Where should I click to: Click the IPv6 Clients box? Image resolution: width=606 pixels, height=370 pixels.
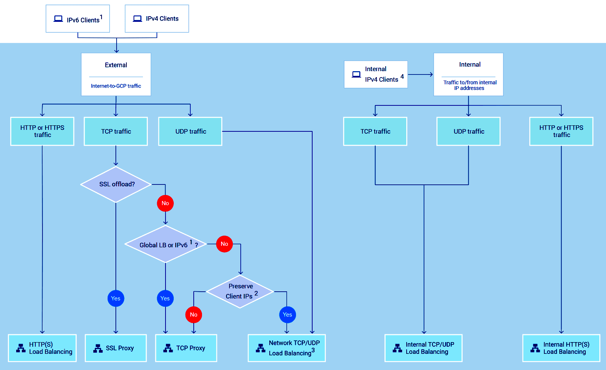coord(78,19)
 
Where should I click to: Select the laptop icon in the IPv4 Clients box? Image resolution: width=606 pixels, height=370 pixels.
coord(138,18)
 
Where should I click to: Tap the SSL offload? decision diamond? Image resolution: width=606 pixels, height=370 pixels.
coord(116,184)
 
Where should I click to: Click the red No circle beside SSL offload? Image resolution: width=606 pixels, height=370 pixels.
coord(165,203)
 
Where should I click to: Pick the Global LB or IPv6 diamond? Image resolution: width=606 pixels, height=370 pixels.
coord(166,244)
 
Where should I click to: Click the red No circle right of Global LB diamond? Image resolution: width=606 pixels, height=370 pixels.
coord(225,244)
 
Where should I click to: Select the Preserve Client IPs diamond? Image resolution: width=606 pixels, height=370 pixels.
coord(240,291)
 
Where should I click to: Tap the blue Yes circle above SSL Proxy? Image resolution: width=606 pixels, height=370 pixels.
coord(116,298)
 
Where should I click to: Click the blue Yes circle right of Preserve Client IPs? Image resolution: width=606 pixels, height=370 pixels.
coord(287,315)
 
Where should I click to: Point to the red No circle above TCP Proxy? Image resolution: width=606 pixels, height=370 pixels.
coord(194,315)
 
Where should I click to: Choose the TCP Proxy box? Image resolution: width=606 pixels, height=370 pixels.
coord(186,348)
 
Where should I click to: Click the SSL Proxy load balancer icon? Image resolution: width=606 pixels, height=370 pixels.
coord(98,348)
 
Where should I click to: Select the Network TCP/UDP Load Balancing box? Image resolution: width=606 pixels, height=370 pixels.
coord(287,348)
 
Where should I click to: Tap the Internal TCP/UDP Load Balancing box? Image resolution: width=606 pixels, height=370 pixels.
coord(424,348)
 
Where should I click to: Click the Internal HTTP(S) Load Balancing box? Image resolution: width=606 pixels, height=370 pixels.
coord(561,348)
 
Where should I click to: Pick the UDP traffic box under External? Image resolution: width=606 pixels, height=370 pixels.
coord(190,131)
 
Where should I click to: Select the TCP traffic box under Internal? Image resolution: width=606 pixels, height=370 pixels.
coord(375,131)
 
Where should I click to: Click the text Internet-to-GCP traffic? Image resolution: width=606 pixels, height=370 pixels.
coord(116,86)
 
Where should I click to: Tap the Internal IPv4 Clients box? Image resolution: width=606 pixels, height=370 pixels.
coord(376,75)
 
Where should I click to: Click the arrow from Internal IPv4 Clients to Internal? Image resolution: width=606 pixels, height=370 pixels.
coord(421,75)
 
